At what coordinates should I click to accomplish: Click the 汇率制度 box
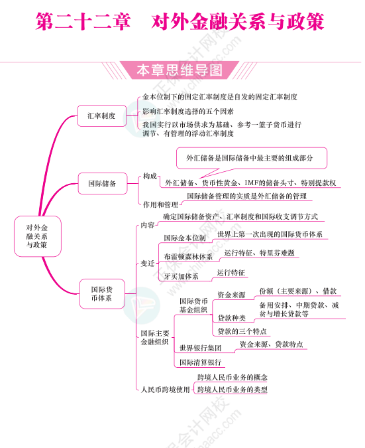102,115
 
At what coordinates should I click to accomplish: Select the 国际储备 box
103,183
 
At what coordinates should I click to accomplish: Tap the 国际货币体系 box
102,294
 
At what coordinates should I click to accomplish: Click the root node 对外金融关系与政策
37,236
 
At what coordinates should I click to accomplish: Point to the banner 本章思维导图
180,70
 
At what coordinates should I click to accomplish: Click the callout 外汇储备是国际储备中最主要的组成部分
251,158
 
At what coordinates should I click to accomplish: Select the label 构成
150,176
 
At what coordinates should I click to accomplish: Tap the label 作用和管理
160,204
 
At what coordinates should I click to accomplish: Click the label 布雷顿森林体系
188,257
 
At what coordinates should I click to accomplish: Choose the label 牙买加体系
182,276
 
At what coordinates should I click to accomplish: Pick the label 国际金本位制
185,238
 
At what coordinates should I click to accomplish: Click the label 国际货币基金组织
193,305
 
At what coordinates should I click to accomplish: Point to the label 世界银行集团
201,348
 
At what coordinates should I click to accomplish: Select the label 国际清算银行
201,362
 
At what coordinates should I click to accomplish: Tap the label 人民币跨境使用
166,390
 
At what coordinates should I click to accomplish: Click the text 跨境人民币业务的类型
233,390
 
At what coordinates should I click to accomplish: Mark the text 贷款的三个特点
242,331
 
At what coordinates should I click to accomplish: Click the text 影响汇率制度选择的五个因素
188,112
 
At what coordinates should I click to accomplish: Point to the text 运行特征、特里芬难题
260,253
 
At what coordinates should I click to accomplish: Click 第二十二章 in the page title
83,21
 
